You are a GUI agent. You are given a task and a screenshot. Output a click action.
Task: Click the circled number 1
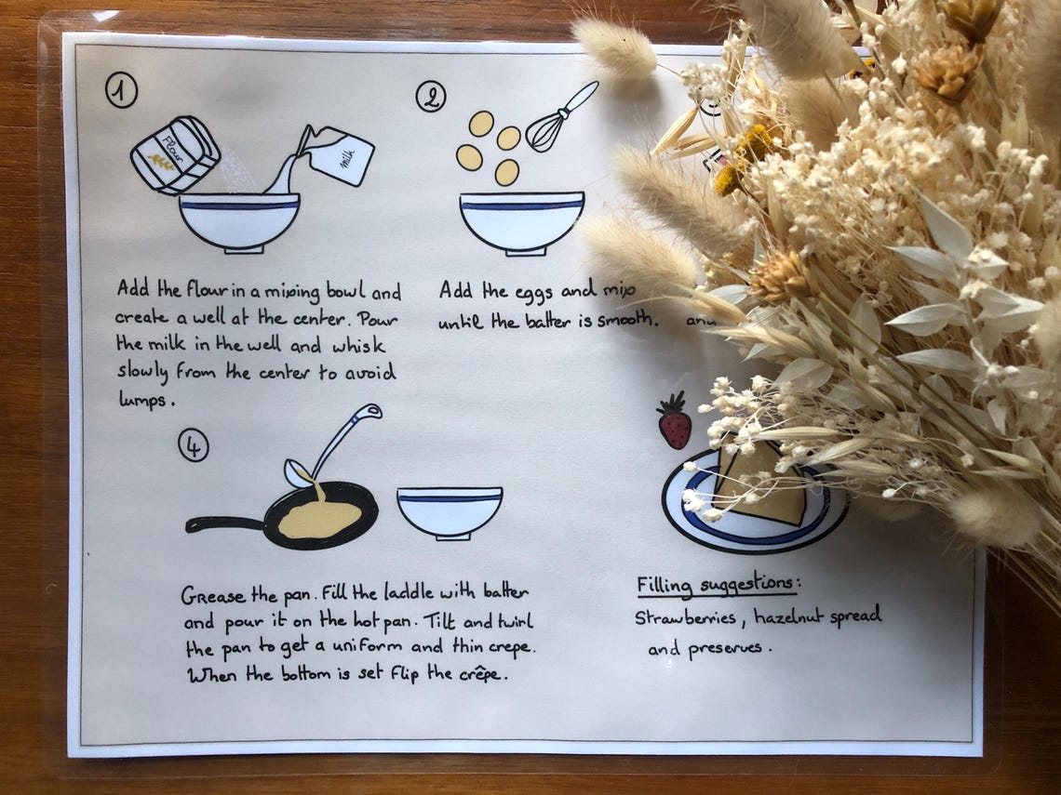(x=122, y=91)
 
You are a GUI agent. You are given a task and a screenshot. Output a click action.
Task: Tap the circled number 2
(x=430, y=96)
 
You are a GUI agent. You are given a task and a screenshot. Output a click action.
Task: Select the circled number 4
(x=194, y=446)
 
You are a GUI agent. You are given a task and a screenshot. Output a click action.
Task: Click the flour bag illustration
(x=174, y=154)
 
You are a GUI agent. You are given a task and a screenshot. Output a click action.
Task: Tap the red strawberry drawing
(x=674, y=423)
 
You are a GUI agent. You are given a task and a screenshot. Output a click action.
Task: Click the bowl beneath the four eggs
(x=521, y=221)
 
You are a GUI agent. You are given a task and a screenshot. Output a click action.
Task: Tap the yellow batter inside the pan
(x=319, y=519)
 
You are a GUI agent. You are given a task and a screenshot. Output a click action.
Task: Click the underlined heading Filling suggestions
(x=718, y=585)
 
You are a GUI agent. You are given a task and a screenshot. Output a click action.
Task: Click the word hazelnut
(x=787, y=616)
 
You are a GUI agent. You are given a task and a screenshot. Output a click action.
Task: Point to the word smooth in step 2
(x=628, y=321)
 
